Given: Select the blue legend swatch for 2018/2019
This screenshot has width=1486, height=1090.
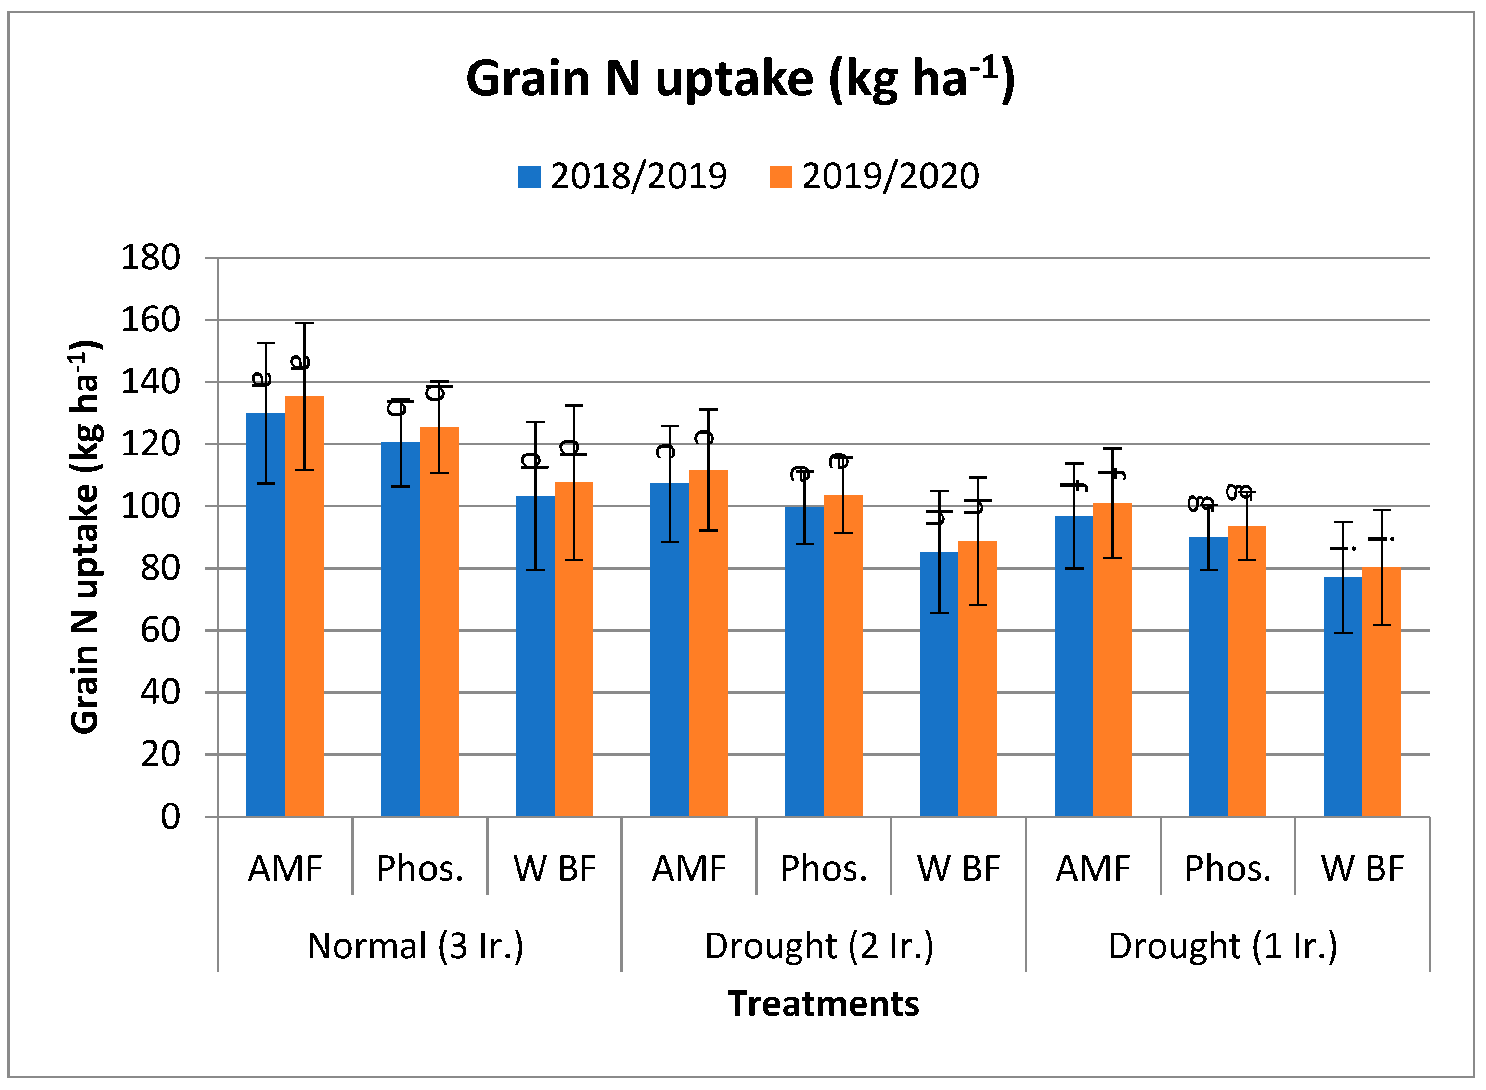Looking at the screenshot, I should click(529, 177).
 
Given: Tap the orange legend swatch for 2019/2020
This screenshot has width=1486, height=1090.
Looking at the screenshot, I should click(781, 177).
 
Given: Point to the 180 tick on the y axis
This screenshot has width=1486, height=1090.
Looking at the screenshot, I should click(150, 257).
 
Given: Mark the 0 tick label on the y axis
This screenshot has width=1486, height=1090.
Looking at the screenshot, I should click(170, 817).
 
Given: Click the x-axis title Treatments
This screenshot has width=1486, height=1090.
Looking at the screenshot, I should click(823, 1003).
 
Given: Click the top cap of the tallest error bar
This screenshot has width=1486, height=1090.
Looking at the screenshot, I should click(304, 324).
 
